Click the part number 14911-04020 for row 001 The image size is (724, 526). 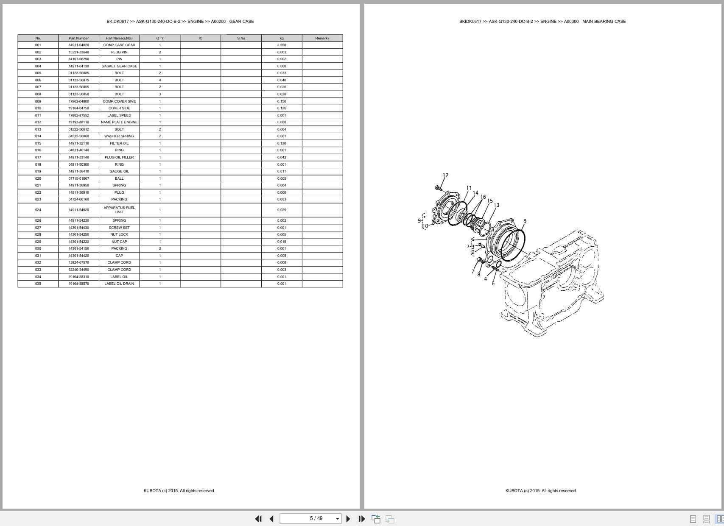point(79,45)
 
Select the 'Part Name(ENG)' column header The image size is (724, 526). point(119,38)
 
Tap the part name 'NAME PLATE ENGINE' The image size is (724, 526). point(119,122)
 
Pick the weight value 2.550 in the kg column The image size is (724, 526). point(282,45)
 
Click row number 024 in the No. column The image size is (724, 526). point(38,210)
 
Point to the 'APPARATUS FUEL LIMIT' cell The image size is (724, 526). point(119,210)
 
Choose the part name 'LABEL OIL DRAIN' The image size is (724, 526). point(119,284)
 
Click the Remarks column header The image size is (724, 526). point(322,38)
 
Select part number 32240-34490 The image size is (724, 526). point(79,270)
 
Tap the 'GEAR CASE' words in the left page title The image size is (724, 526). point(241,22)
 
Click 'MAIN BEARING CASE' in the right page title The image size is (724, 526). point(604,22)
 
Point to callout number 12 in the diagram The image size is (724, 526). point(445,175)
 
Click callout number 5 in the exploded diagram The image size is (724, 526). point(525,221)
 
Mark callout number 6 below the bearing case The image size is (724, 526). point(493,284)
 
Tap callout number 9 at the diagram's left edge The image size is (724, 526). point(419,220)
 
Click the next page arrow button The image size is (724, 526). point(348,519)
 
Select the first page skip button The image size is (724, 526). point(258,519)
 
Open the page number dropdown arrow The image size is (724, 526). point(338,519)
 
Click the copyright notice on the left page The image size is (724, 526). point(179,491)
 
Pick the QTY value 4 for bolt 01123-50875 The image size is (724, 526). point(160,80)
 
